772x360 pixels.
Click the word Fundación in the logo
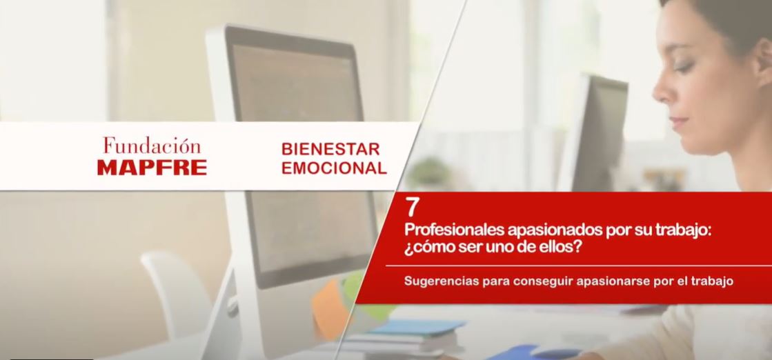152,146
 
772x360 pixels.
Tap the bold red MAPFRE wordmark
152,168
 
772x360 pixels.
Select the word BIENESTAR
330,149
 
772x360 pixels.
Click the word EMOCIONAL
334,168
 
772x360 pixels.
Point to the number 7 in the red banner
411,208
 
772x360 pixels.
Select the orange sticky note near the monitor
328,308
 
